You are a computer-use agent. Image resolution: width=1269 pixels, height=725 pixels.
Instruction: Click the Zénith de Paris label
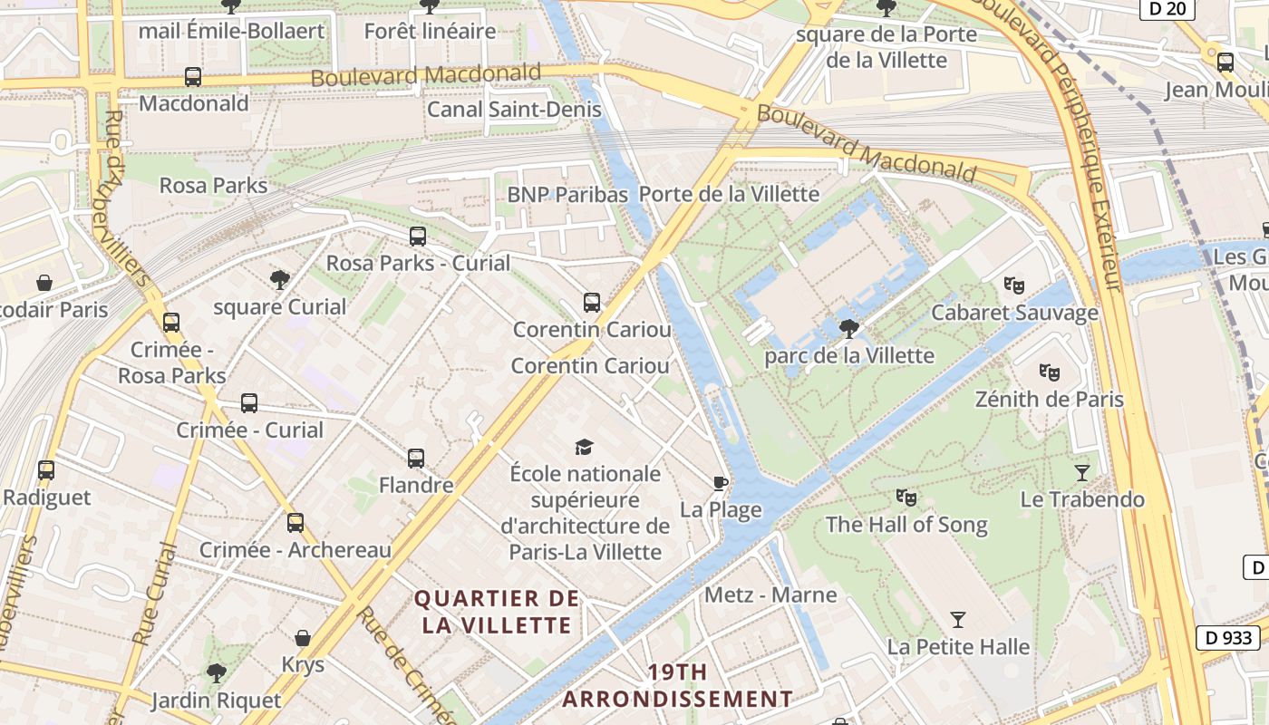click(1049, 399)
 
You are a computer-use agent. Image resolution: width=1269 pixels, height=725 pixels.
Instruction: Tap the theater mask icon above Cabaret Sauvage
click(1014, 285)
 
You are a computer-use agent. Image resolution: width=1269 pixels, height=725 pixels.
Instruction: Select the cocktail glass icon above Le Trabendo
click(1081, 472)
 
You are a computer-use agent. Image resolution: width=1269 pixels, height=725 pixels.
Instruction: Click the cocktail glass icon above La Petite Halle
click(958, 620)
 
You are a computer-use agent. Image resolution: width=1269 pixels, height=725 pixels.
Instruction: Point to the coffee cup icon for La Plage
click(721, 482)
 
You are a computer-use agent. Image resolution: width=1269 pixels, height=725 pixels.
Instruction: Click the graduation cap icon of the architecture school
click(585, 447)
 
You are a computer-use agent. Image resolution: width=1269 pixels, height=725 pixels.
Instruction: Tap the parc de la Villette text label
click(848, 355)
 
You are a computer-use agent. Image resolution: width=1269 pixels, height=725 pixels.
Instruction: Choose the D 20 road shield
click(1167, 9)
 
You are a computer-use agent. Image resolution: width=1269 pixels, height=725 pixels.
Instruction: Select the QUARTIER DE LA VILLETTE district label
click(497, 612)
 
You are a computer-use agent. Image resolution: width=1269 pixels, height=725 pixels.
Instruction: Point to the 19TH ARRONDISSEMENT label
click(677, 685)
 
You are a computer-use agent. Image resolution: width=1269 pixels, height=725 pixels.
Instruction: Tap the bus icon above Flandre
click(416, 459)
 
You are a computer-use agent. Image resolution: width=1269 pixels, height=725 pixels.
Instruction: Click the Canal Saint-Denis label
click(514, 110)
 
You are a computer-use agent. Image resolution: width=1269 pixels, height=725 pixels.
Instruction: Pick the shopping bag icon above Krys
click(303, 638)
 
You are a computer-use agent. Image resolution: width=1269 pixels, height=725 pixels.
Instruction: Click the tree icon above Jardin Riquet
click(216, 673)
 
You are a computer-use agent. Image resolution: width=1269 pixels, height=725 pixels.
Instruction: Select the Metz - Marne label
click(770, 594)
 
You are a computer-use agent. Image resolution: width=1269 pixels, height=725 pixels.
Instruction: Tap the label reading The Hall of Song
click(906, 525)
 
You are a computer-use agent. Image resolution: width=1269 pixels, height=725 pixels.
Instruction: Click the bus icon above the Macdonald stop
click(193, 77)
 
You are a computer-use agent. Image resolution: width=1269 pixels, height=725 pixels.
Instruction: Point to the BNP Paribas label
click(567, 194)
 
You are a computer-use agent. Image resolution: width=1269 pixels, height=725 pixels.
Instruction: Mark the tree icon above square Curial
click(280, 280)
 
